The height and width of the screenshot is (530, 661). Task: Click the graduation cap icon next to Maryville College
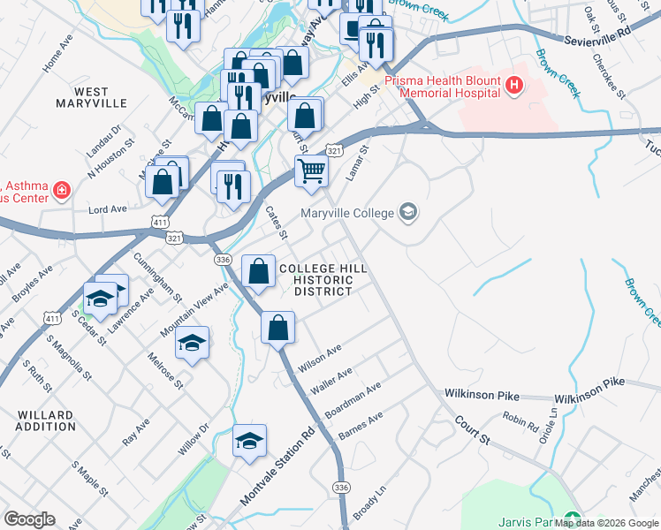click(x=407, y=211)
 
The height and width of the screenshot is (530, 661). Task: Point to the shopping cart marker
click(x=311, y=170)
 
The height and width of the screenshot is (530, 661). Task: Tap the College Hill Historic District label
click(x=323, y=279)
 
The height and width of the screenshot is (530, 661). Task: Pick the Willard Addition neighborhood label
click(x=45, y=420)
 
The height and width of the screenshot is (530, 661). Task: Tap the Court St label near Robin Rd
click(x=473, y=430)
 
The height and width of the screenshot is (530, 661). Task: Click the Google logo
click(x=29, y=519)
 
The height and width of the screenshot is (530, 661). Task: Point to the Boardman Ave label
click(x=353, y=400)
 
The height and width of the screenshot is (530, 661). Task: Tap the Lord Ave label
click(x=108, y=208)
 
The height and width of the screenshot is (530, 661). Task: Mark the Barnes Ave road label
click(x=361, y=427)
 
